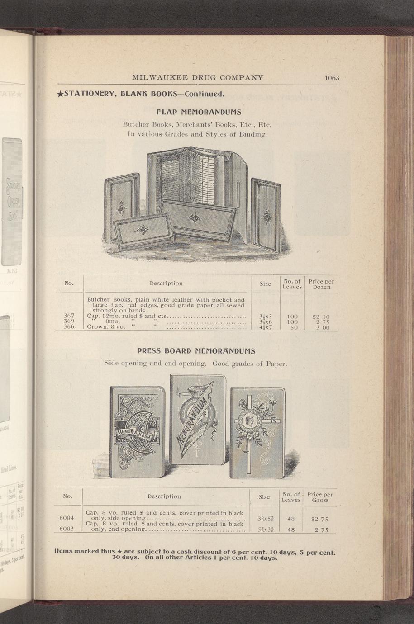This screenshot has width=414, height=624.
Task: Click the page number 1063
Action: click(x=331, y=78)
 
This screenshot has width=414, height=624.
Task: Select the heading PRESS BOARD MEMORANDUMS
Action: click(x=196, y=351)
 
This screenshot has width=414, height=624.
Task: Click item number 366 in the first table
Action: click(x=69, y=326)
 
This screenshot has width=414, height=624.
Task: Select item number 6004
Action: click(x=67, y=518)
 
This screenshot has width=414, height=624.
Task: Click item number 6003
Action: click(x=67, y=529)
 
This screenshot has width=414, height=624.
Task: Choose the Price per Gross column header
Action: click(x=320, y=497)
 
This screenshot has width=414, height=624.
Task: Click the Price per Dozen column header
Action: click(x=321, y=284)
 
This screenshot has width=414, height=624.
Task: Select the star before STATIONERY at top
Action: click(x=59, y=95)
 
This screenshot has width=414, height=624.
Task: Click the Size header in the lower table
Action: click(x=264, y=497)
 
